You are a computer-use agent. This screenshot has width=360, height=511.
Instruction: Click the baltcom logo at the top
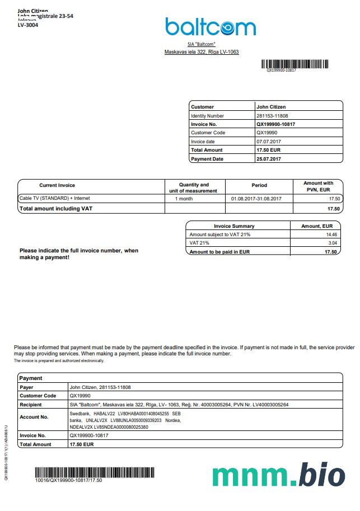coord(210,27)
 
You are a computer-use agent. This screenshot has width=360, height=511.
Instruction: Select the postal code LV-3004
coord(28,25)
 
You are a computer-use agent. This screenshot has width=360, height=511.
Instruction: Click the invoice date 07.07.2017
coord(269,142)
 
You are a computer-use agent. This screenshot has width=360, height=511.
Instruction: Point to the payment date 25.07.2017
coord(269,159)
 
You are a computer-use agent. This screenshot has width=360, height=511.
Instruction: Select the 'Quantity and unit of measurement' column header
coord(194,187)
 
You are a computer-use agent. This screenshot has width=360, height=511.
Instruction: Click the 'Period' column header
coord(259,185)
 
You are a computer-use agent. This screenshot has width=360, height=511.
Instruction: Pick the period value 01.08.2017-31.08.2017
coord(256,199)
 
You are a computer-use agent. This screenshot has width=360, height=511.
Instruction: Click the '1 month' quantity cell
coord(184,199)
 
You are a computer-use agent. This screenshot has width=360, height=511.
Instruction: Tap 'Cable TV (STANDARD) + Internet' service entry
coord(54,198)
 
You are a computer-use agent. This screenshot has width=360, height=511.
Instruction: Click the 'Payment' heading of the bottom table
coord(31,378)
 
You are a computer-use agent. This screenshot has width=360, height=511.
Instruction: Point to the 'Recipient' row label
coord(31,405)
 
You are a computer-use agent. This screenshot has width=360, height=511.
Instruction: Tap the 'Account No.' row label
coord(34,417)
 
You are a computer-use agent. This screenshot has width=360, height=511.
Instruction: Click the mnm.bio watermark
coord(279,475)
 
